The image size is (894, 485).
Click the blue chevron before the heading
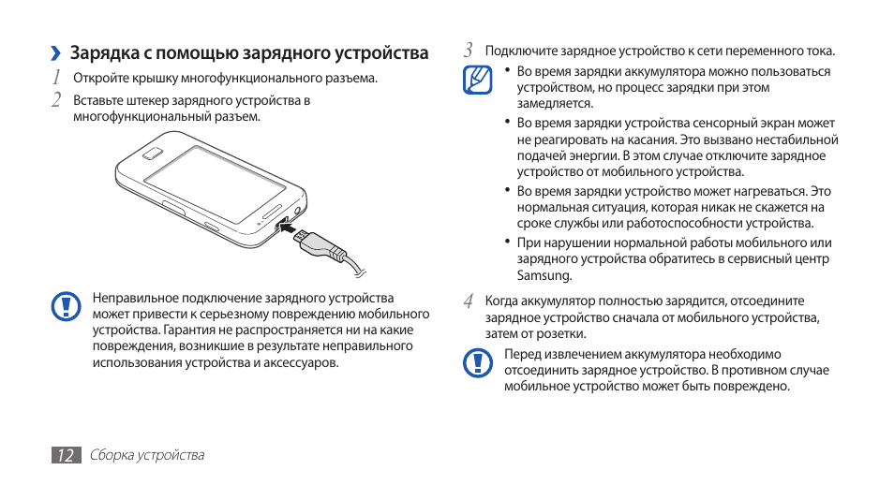(x=56, y=53)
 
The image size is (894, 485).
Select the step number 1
(x=57, y=77)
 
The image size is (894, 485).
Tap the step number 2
(x=57, y=99)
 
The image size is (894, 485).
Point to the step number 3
(x=469, y=51)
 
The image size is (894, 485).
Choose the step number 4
(x=469, y=301)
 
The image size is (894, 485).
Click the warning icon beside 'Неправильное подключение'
(x=66, y=307)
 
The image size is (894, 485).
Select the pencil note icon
(x=478, y=80)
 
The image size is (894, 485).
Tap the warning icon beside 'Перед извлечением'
(x=478, y=361)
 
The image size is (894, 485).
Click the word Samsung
(x=544, y=275)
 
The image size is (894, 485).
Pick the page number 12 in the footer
(x=65, y=455)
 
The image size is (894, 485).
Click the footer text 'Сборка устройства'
(x=147, y=455)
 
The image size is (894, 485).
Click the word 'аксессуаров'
(x=303, y=362)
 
